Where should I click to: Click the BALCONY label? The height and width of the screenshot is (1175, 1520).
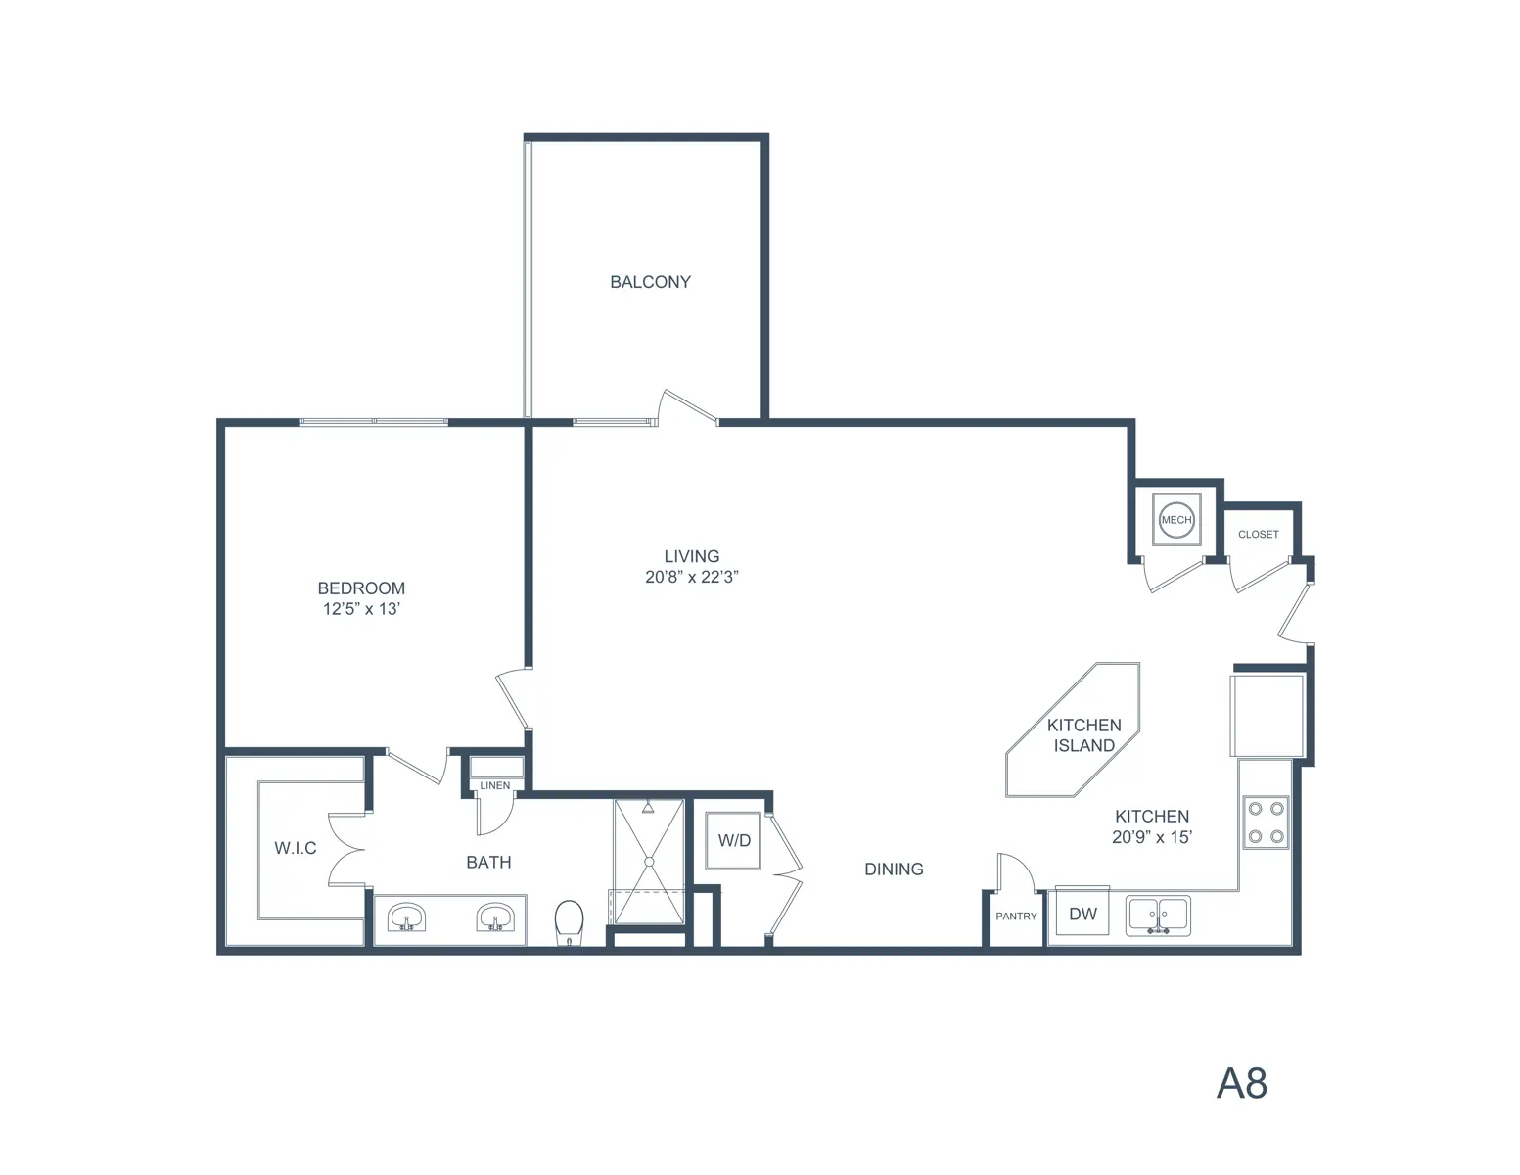[650, 282]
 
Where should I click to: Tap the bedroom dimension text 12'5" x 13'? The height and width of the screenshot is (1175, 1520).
[361, 609]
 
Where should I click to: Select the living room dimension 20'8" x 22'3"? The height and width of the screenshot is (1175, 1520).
[692, 577]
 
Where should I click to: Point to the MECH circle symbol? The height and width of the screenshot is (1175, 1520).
[1176, 519]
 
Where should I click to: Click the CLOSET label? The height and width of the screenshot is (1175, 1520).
[1259, 534]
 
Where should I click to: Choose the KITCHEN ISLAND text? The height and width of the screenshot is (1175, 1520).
[1084, 735]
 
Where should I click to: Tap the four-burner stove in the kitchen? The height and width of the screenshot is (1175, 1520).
[1267, 822]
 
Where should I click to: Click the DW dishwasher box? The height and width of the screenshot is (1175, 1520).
[1082, 911]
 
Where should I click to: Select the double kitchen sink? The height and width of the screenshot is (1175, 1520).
[1158, 916]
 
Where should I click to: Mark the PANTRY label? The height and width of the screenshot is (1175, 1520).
[1016, 916]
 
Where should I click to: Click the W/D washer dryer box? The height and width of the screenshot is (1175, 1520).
[733, 840]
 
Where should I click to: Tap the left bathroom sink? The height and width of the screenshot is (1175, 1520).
[406, 917]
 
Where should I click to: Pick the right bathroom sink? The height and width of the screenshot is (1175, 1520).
[495, 917]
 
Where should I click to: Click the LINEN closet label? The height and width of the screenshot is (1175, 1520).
[495, 786]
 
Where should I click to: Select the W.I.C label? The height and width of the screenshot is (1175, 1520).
[296, 848]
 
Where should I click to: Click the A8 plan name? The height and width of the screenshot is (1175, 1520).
[1242, 1084]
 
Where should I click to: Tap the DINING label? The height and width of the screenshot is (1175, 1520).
[894, 869]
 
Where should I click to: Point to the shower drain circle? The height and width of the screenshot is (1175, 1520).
[649, 863]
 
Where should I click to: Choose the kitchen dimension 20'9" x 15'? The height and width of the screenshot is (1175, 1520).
[1152, 837]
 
